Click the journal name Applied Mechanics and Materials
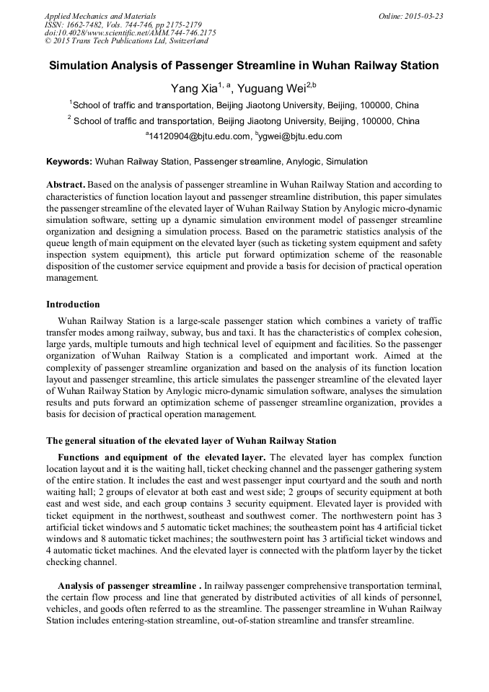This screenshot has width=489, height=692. point(100,15)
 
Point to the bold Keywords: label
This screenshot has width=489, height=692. point(69,162)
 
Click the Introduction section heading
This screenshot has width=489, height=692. point(73,305)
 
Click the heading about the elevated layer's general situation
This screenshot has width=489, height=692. point(191,441)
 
